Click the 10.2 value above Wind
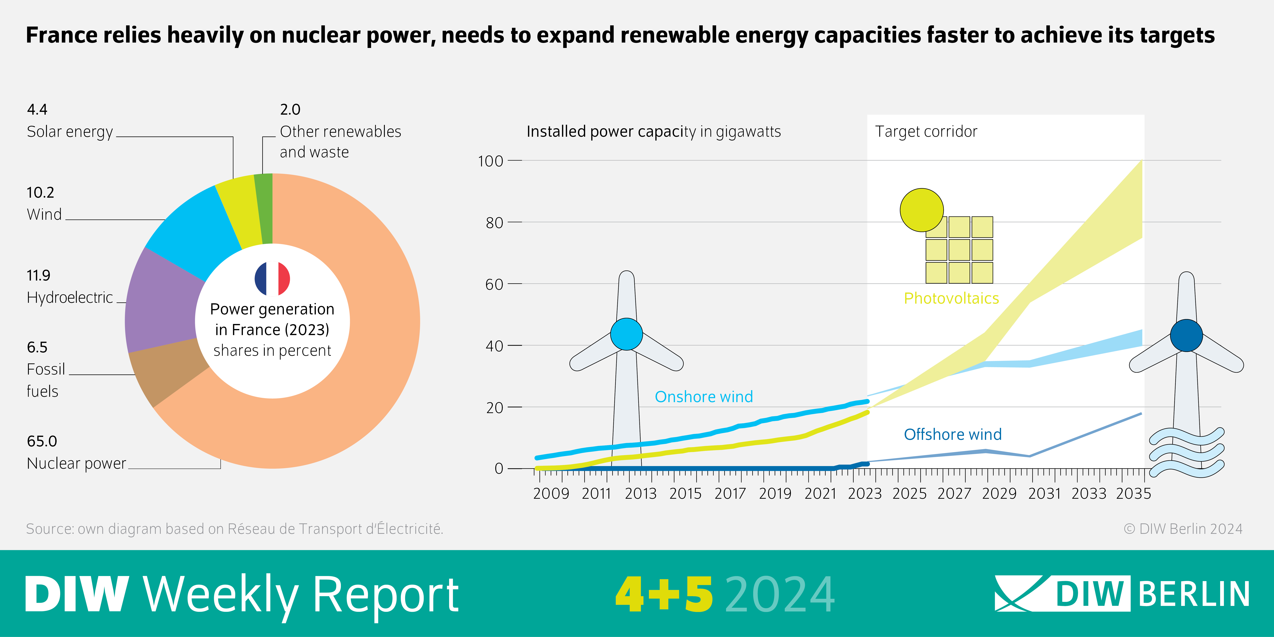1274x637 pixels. coord(40,192)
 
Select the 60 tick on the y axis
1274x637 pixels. coord(494,284)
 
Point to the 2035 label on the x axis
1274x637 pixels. coord(1134,494)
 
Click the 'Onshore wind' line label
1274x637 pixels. coord(703,397)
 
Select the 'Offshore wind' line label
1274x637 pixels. coord(953,434)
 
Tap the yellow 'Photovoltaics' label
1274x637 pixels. coord(951,298)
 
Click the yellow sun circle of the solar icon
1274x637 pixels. coord(921,210)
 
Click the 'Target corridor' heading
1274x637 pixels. coord(926,131)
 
